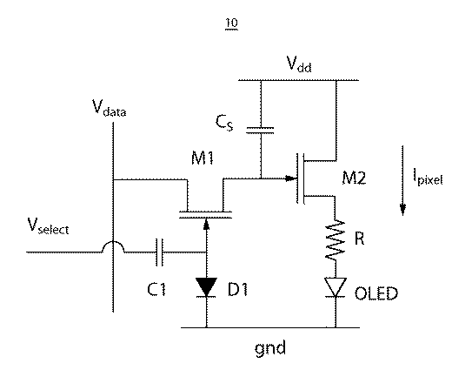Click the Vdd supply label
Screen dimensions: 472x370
[x=299, y=64]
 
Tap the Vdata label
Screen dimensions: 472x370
[x=109, y=108]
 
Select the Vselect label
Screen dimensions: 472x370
[x=48, y=225]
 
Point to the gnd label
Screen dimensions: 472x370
[x=270, y=348]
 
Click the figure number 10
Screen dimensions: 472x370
[x=231, y=23]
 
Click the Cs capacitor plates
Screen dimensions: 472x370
[x=261, y=131]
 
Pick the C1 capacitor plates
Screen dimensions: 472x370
[x=160, y=252]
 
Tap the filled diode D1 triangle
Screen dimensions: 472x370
[x=206, y=287]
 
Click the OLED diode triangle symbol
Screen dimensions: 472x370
[x=336, y=287]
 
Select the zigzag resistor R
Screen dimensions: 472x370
[x=336, y=239]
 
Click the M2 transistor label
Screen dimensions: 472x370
[x=354, y=178]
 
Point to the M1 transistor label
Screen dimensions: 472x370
[x=203, y=158]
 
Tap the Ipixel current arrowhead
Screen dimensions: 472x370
[x=402, y=209]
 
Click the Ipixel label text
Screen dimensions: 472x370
[x=428, y=178]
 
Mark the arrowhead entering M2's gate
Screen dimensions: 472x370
[x=291, y=178]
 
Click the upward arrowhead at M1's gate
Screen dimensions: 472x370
[x=206, y=224]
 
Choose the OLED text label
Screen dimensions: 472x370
[x=376, y=293]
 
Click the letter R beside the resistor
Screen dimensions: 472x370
[x=359, y=238]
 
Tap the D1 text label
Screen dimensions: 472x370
[x=237, y=289]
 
